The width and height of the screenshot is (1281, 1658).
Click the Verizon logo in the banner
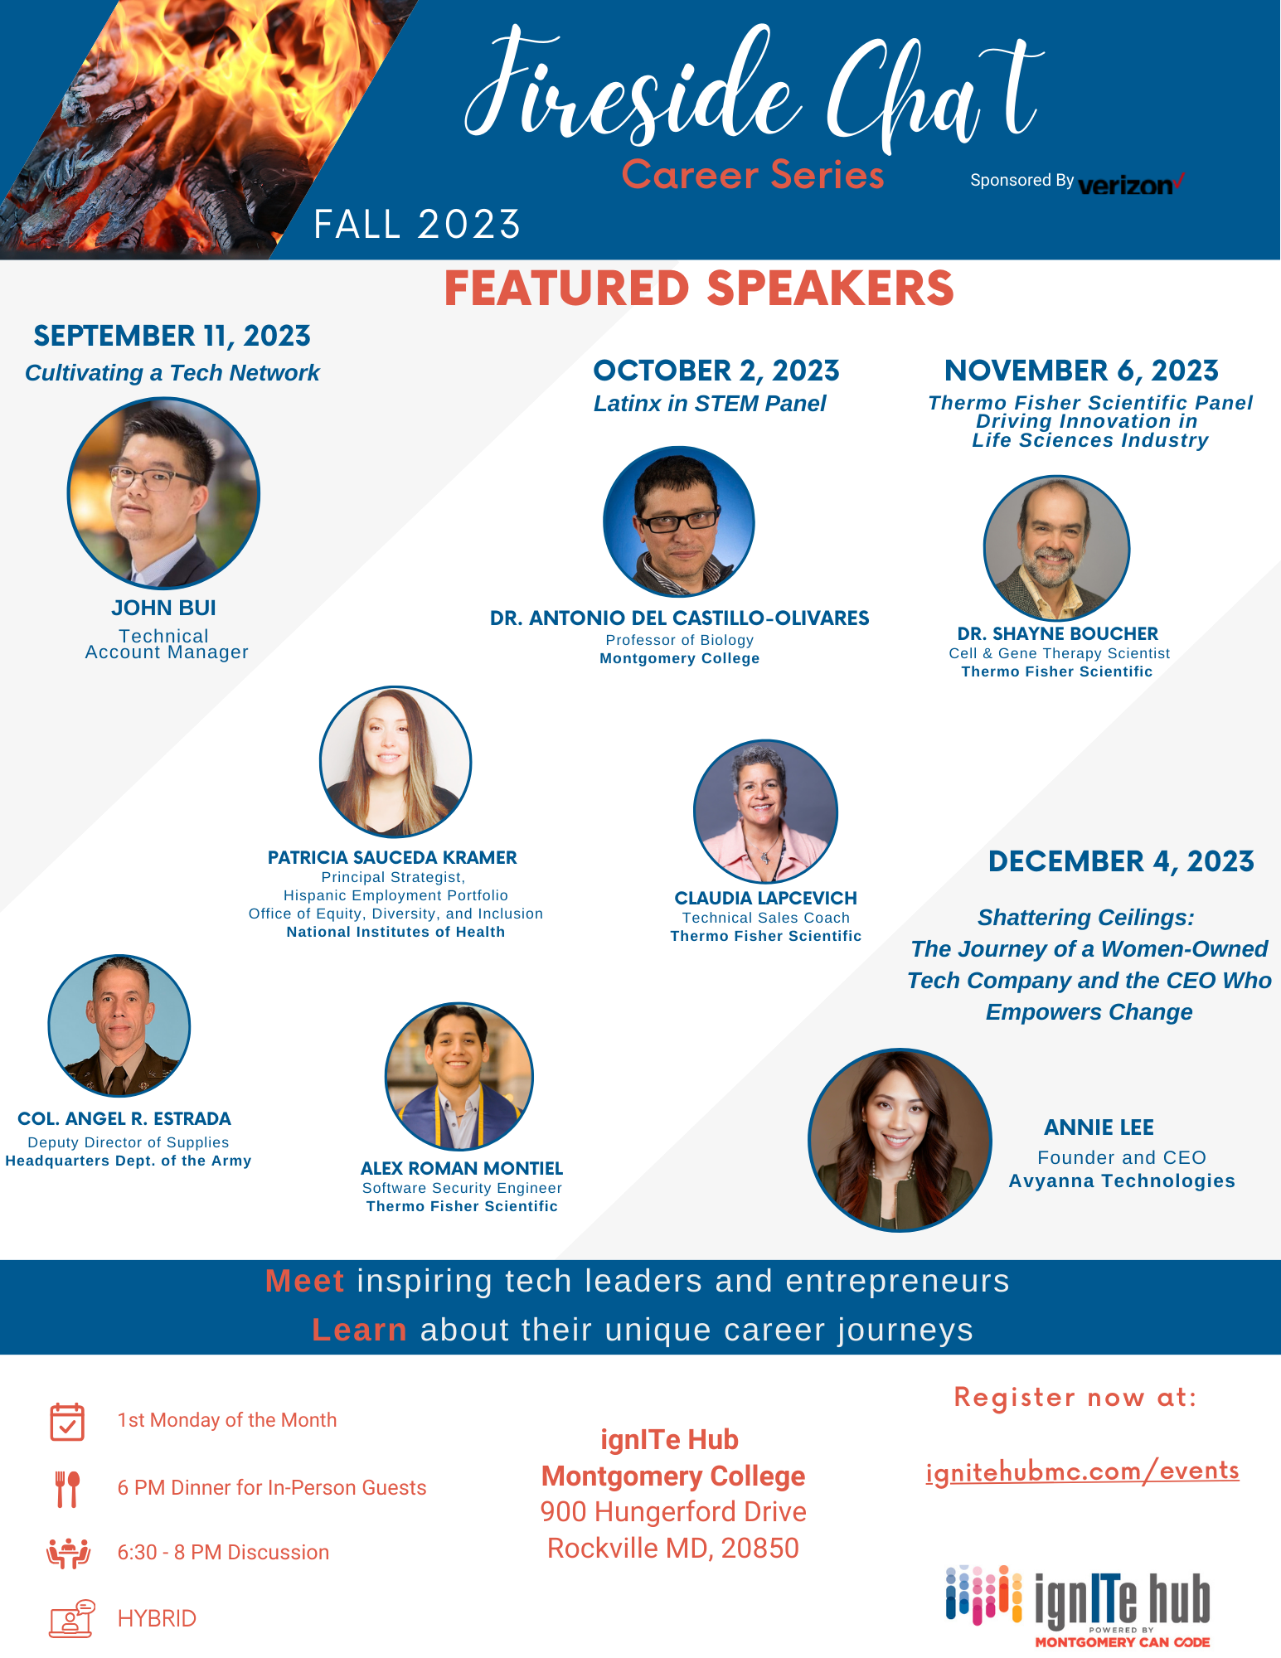(x=1132, y=184)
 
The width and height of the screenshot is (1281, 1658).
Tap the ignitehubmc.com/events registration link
(x=1082, y=1471)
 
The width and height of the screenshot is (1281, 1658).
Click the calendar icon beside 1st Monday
(x=67, y=1422)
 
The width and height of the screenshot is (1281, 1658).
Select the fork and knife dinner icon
(x=67, y=1489)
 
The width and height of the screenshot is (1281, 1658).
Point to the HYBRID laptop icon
(x=71, y=1618)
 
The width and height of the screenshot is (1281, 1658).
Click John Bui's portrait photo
(x=163, y=493)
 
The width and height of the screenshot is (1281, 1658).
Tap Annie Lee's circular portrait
(x=900, y=1140)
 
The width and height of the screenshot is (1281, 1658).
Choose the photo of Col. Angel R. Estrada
(x=119, y=1025)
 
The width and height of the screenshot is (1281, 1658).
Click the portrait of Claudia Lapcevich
(x=765, y=812)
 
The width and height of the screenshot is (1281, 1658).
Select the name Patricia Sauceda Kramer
(x=392, y=857)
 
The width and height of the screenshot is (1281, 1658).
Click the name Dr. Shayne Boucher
(x=1057, y=633)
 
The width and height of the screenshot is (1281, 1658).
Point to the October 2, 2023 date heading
(x=716, y=371)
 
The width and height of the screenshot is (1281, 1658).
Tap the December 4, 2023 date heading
(x=1121, y=861)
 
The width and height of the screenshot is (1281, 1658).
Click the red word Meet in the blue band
(x=304, y=1281)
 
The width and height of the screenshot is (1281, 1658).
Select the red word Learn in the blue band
(x=359, y=1330)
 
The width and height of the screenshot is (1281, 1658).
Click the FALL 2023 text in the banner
(x=417, y=225)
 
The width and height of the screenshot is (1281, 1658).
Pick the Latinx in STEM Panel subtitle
(x=710, y=404)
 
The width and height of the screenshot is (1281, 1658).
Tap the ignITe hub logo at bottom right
(x=1078, y=1606)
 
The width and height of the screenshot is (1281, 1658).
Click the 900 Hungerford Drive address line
(x=673, y=1511)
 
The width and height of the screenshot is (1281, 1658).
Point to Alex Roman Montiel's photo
(x=459, y=1076)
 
